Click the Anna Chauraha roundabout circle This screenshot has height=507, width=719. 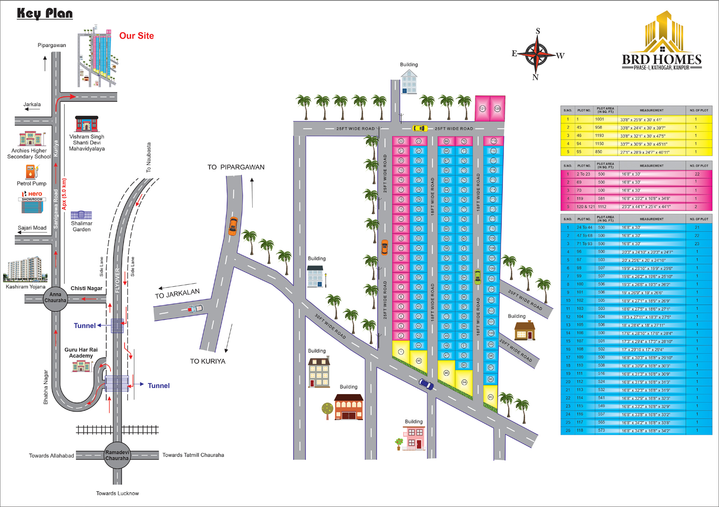pyautogui.click(x=55, y=298)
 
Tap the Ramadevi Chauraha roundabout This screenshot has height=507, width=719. pyautogui.click(x=117, y=455)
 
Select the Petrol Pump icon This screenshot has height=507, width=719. pyautogui.click(x=32, y=172)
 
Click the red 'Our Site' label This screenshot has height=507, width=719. pyautogui.click(x=137, y=36)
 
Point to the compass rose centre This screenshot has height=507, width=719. pyautogui.click(x=536, y=54)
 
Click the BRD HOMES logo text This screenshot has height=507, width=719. pyautogui.click(x=661, y=60)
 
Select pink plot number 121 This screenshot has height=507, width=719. pyautogui.click(x=482, y=109)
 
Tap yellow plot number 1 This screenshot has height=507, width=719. pyautogui.click(x=401, y=352)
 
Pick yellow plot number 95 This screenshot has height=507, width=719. pyautogui.click(x=490, y=397)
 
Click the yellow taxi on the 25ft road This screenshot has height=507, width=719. pyautogui.click(x=420, y=128)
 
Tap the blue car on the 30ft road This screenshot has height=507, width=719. pyautogui.click(x=426, y=384)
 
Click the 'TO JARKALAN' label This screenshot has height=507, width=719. pyautogui.click(x=177, y=294)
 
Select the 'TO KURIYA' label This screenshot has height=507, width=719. pyautogui.click(x=208, y=361)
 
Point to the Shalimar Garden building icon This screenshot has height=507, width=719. pyautogui.click(x=81, y=215)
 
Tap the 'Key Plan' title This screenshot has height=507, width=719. pyautogui.click(x=45, y=14)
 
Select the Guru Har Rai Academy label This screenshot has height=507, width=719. pyautogui.click(x=81, y=352)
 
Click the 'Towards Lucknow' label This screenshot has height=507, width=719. pyautogui.click(x=117, y=493)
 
